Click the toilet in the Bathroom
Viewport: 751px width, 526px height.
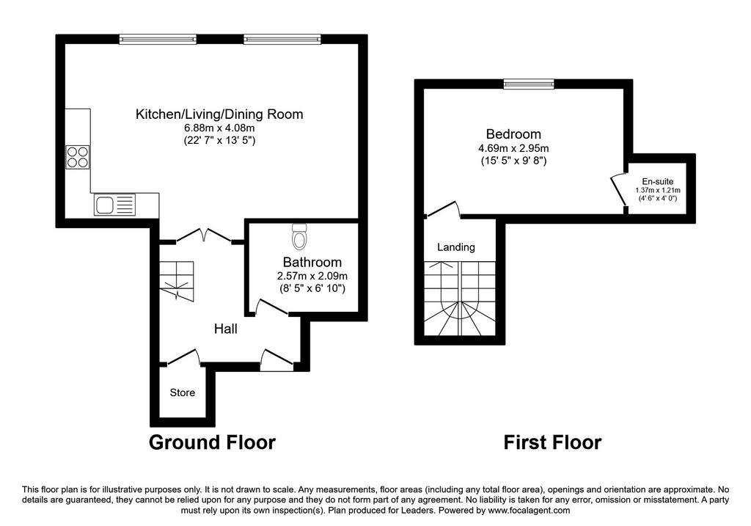(299, 235)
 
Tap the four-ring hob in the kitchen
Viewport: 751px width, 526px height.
(78, 157)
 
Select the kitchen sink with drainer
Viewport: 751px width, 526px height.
(115, 205)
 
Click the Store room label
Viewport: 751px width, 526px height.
(183, 392)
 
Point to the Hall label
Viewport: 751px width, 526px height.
(226, 329)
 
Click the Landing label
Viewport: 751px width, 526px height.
(456, 247)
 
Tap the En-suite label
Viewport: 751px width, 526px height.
(658, 181)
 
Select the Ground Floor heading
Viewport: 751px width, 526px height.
(212, 442)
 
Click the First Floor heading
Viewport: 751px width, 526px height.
(552, 442)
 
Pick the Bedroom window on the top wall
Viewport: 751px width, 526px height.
(529, 84)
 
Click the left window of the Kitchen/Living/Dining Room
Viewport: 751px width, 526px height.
(158, 40)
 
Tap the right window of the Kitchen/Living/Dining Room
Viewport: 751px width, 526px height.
(282, 40)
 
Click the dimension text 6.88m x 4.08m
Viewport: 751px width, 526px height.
(219, 128)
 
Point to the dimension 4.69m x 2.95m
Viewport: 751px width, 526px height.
(514, 148)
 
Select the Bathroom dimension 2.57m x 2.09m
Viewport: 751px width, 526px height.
(312, 276)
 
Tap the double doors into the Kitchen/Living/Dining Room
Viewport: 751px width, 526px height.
(203, 235)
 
